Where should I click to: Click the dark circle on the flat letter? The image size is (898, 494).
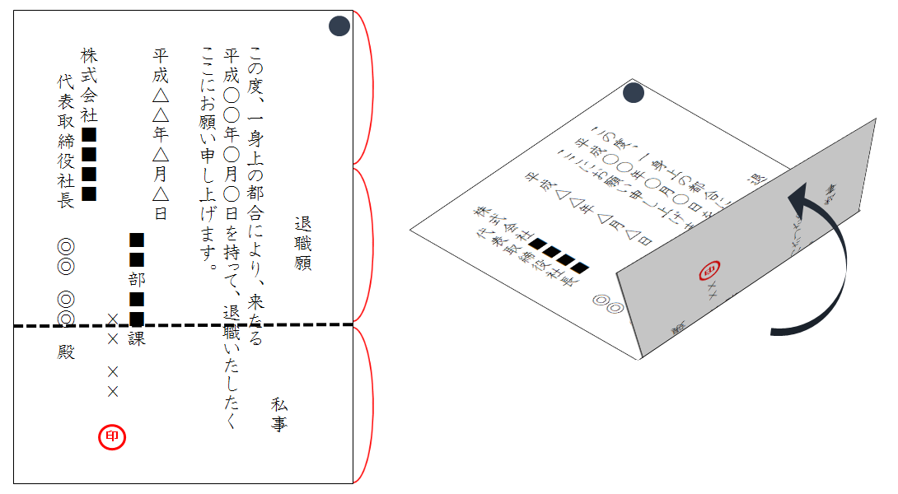click(x=339, y=26)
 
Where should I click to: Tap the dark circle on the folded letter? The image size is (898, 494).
click(x=634, y=94)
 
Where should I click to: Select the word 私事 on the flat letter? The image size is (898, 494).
click(x=279, y=414)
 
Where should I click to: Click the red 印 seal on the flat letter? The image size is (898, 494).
click(x=111, y=437)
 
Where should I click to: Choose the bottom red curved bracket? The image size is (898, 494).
click(x=366, y=403)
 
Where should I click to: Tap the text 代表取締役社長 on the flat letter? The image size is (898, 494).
click(x=66, y=140)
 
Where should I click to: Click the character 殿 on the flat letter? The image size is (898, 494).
click(x=66, y=352)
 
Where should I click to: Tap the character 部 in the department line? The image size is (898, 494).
click(x=137, y=278)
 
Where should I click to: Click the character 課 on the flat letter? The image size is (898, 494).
click(x=137, y=338)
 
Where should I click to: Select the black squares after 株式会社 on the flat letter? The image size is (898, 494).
click(x=90, y=163)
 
